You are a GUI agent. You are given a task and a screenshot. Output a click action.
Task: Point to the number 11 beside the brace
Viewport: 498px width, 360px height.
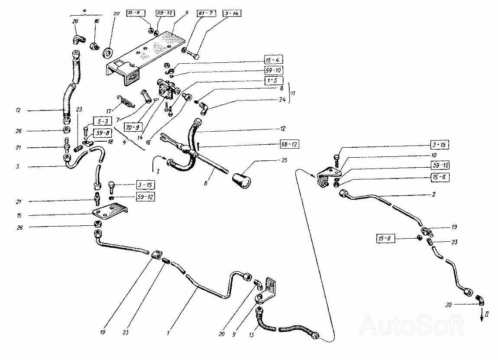point(292,93)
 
